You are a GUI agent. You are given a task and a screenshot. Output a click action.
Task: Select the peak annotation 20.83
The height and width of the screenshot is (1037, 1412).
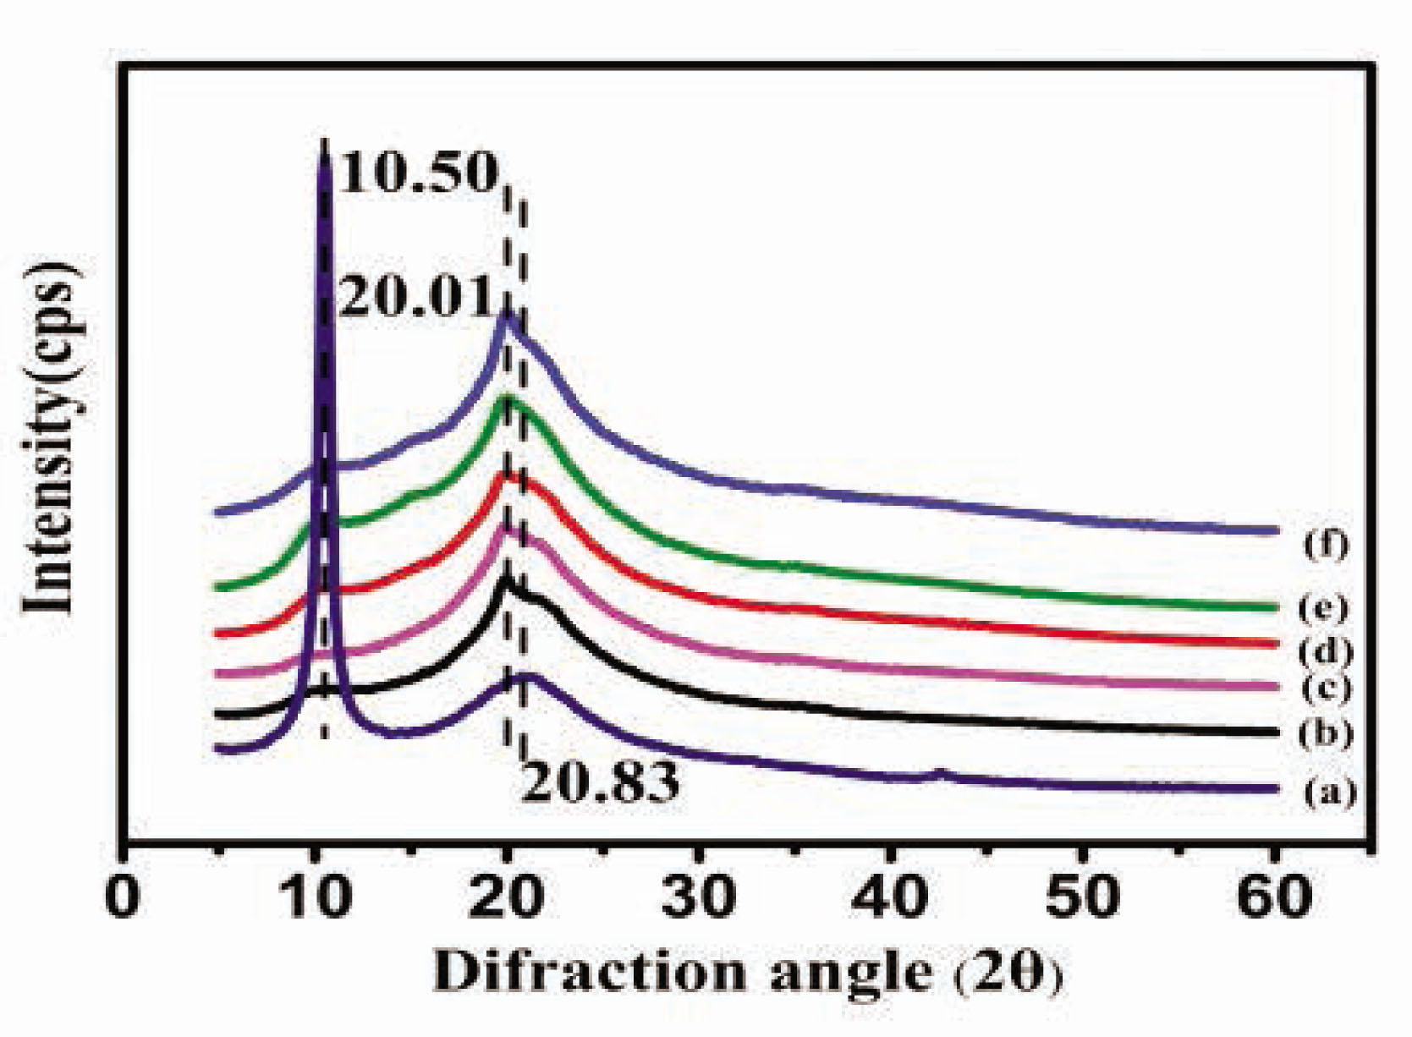599,782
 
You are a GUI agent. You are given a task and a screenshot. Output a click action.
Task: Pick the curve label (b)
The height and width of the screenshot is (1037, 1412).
1326,732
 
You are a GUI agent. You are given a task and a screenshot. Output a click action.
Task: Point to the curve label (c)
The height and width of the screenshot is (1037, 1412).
1326,689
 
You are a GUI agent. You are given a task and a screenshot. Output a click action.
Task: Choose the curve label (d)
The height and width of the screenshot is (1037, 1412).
1326,650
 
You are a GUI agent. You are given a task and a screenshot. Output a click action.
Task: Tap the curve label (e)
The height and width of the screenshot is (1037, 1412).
1326,606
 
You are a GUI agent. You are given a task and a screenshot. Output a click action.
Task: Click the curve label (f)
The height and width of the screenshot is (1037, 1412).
1326,544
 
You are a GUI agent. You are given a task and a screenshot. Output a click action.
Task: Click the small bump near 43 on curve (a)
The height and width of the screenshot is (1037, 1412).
938,772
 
